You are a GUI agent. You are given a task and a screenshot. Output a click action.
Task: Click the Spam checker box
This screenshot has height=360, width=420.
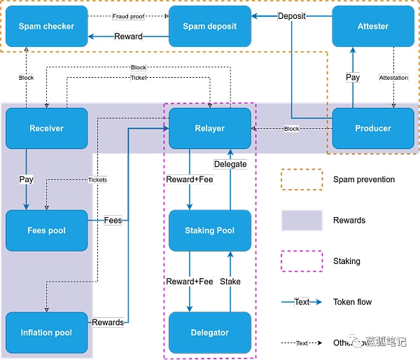click(47, 27)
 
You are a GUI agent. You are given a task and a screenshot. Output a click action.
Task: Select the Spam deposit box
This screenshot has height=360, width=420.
click(209, 27)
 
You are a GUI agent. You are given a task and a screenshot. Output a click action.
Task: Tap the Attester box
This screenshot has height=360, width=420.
click(372, 27)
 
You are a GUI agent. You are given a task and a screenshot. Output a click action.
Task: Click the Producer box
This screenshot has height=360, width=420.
click(372, 128)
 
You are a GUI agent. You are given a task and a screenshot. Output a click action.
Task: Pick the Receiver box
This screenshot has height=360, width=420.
click(47, 128)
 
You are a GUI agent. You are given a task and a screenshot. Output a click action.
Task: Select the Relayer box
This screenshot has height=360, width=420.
click(209, 128)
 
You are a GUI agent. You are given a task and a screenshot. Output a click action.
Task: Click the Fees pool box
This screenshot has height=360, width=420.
click(47, 230)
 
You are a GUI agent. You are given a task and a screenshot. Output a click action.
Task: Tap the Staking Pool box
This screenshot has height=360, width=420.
click(209, 230)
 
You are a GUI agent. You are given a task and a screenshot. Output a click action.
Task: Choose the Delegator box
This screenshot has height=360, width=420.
click(209, 333)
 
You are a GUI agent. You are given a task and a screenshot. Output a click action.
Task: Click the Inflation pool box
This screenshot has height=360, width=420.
click(47, 333)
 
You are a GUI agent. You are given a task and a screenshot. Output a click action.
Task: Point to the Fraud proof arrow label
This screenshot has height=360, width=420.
click(129, 15)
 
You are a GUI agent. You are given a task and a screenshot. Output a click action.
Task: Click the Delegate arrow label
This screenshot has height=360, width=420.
click(230, 164)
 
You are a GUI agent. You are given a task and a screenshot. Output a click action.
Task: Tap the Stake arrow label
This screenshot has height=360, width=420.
click(230, 282)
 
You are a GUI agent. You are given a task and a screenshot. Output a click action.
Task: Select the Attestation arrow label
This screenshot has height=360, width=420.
click(393, 78)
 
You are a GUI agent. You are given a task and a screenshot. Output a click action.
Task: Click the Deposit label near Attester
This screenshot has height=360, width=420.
click(291, 15)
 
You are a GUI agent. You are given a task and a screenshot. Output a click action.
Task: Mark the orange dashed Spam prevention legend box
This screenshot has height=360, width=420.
click(302, 179)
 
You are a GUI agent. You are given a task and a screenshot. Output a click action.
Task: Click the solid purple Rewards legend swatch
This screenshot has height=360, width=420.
click(302, 220)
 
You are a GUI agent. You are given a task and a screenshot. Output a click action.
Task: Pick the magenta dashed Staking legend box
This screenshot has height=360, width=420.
click(302, 261)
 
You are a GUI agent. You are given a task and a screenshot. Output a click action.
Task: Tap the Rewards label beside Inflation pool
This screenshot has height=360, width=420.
click(108, 322)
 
